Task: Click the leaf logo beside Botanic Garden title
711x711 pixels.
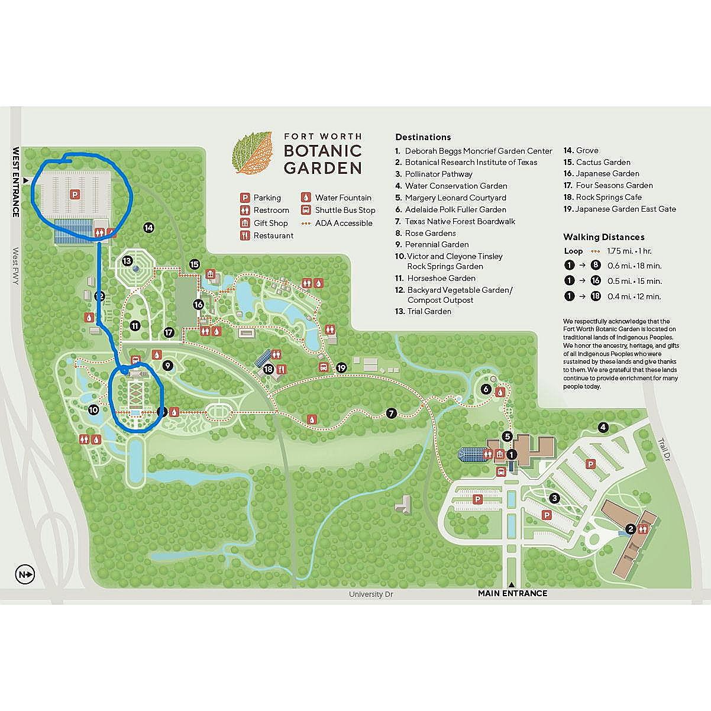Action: coord(254,153)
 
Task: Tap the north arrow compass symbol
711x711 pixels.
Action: coord(26,574)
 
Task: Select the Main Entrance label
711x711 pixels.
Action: coord(512,593)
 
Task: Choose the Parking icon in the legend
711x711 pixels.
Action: coord(244,198)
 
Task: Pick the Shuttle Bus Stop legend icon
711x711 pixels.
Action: coord(306,210)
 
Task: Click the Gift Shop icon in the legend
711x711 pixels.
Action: coord(244,223)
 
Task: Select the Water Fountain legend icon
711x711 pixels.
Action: coord(306,198)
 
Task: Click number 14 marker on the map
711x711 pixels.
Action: coord(148,227)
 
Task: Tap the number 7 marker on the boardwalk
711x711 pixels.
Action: coord(390,413)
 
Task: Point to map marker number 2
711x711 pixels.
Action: coord(631,529)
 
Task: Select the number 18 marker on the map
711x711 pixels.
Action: coord(269,369)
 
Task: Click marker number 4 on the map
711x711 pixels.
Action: coord(603,427)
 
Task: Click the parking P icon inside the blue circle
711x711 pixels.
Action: coord(75,193)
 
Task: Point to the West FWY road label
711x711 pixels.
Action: coord(16,266)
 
